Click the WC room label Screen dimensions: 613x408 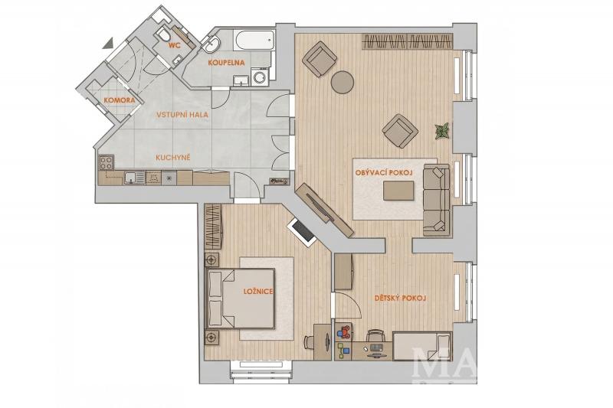pos(174,46)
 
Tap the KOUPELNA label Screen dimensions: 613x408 pos(226,63)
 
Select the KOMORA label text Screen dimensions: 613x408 pos(120,100)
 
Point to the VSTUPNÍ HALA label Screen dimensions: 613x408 pos(182,115)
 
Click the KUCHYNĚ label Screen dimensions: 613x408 pos(173,158)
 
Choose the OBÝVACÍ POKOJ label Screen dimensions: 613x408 pos(385,172)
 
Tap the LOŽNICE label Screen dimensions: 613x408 pos(258,291)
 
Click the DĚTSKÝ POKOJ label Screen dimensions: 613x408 pos(400,299)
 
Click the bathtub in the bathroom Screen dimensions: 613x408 pos(254,41)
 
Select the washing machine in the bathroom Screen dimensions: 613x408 pos(260,76)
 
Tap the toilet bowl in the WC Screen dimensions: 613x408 pos(164,34)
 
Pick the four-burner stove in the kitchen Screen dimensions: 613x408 pos(107,162)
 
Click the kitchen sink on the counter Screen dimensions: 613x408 pos(134,178)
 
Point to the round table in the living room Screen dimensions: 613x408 pos(343,82)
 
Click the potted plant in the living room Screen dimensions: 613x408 pos(442,131)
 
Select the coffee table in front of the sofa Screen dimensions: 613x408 pos(398,191)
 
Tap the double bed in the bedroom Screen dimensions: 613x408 pos(240,299)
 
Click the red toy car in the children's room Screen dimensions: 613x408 pos(344,332)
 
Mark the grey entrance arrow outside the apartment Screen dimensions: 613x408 pos(108,44)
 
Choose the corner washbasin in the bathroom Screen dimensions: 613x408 pos(211,45)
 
